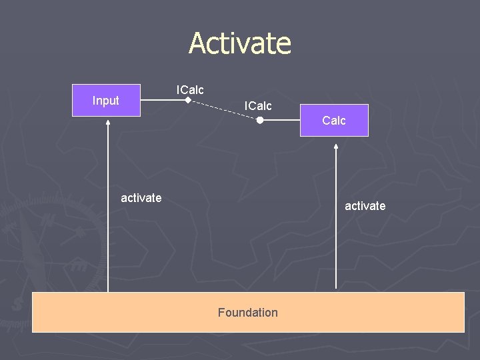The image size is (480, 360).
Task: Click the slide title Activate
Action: pos(240,43)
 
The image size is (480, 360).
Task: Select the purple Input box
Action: pos(106,101)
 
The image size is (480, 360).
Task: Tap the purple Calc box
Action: pos(334,121)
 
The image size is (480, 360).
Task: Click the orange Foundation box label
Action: pos(247,312)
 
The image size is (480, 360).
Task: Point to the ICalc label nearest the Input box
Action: pos(190,89)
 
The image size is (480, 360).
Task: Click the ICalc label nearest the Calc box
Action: pos(258,105)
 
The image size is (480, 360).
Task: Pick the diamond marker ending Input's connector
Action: pos(188,101)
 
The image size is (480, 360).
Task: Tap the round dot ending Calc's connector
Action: pos(260,121)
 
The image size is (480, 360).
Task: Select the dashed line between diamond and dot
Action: pos(224,110)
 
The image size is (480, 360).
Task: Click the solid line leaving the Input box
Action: pos(163,101)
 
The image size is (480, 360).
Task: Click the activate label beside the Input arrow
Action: pos(141,197)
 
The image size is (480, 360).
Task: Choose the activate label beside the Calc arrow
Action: pos(365,206)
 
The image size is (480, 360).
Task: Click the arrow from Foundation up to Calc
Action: pos(337,220)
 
